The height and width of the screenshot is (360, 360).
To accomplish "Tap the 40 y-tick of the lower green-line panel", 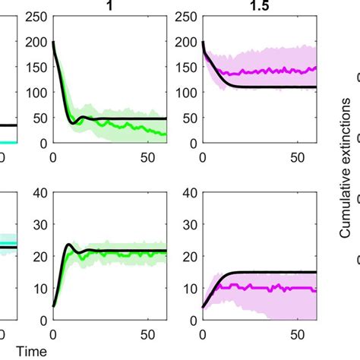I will [x=39, y=191].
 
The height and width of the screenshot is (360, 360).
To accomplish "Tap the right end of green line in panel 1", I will [x=165, y=134].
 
